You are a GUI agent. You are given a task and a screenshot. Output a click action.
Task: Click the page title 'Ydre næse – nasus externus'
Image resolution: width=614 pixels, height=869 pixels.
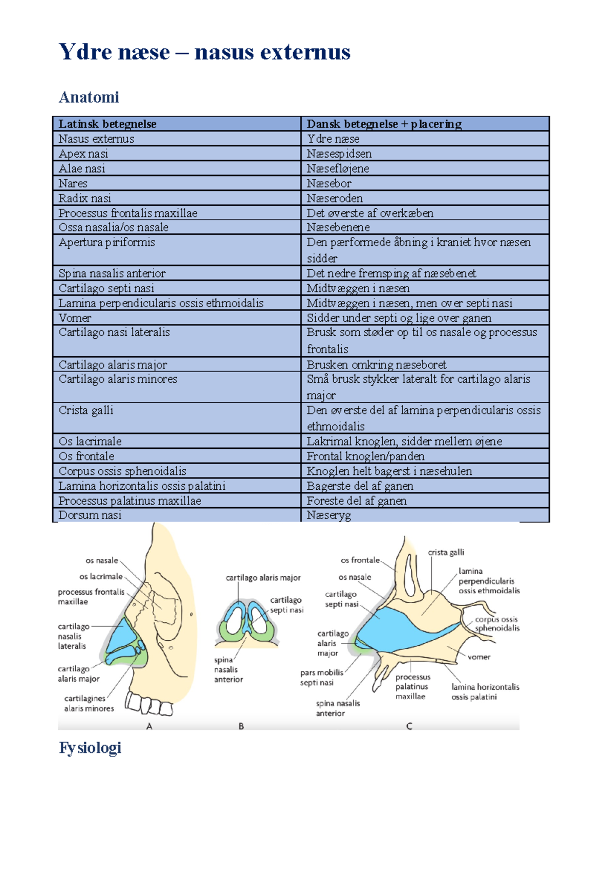tap(204, 52)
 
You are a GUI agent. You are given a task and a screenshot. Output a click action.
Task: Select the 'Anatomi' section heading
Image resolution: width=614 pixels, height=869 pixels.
tap(89, 97)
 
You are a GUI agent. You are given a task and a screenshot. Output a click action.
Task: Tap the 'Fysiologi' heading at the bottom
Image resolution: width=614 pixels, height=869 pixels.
tap(90, 748)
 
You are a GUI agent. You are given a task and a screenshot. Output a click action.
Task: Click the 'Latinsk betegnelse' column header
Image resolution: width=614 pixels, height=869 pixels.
tap(107, 124)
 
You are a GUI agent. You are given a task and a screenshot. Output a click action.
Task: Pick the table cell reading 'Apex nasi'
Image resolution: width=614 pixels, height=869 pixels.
tap(83, 154)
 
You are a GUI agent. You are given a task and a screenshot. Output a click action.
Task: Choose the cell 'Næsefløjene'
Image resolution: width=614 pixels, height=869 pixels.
tap(338, 168)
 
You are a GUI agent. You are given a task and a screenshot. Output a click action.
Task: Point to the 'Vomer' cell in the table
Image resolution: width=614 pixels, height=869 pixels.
tap(75, 318)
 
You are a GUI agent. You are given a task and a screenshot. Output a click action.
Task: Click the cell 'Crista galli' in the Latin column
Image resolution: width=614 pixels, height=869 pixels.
tap(86, 410)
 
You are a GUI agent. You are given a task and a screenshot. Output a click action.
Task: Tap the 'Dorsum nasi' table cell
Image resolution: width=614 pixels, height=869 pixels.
tap(90, 515)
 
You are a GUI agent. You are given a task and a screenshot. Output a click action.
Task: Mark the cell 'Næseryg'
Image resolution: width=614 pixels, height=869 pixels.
tap(328, 515)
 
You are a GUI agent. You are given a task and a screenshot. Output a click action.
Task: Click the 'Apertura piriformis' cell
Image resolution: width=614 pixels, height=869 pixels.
tap(106, 242)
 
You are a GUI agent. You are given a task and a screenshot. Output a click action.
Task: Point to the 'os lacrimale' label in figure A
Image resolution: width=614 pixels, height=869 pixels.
tap(101, 576)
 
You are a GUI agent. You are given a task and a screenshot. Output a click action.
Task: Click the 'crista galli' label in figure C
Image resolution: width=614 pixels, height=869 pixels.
tap(446, 552)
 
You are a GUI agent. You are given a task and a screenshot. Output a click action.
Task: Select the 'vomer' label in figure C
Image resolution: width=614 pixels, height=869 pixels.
tap(479, 657)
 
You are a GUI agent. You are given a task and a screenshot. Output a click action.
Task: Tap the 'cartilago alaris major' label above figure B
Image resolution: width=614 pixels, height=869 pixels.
tap(263, 578)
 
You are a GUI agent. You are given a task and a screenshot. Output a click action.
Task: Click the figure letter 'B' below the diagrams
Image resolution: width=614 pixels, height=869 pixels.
tap(241, 726)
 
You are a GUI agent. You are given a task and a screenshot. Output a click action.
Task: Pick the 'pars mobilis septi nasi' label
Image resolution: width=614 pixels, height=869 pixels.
tap(321, 678)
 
